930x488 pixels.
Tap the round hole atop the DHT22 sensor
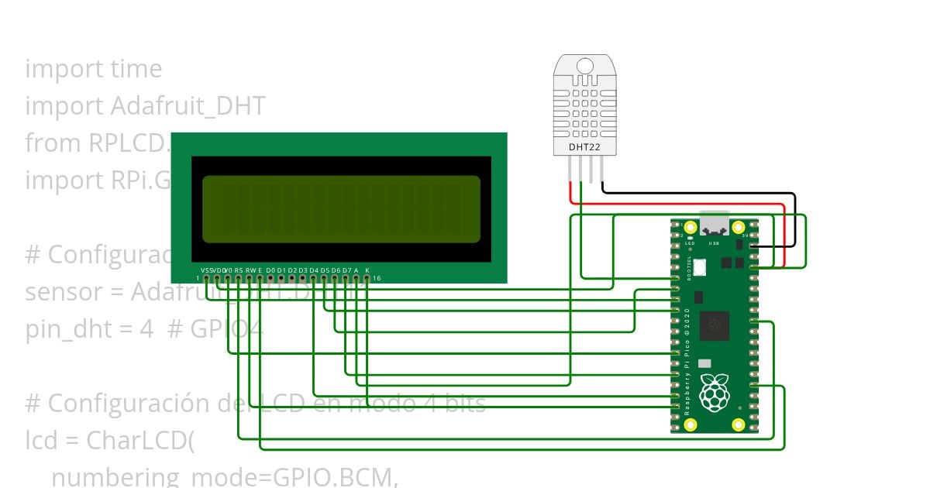point(586,67)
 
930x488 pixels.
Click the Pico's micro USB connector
point(714,223)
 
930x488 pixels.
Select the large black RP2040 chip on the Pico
point(714,326)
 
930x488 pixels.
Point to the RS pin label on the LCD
point(239,270)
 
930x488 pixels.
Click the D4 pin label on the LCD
point(314,270)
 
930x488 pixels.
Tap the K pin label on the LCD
point(367,270)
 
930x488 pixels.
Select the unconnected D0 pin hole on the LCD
point(270,278)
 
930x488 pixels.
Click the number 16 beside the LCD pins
point(377,278)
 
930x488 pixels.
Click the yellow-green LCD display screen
point(341,209)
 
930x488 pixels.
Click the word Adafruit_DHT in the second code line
point(188,106)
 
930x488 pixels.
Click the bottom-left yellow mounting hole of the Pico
point(690,424)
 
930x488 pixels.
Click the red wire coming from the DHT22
point(682,204)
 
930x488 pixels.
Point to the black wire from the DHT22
point(697,191)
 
